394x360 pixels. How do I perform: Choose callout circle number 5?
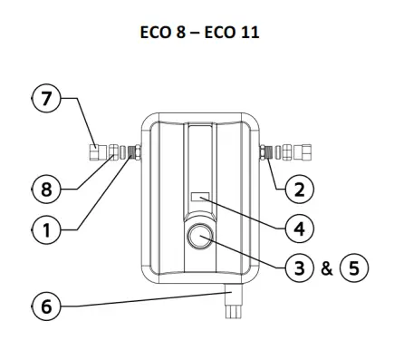coord(350,270)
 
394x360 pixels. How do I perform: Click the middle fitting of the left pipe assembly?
coord(116,151)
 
